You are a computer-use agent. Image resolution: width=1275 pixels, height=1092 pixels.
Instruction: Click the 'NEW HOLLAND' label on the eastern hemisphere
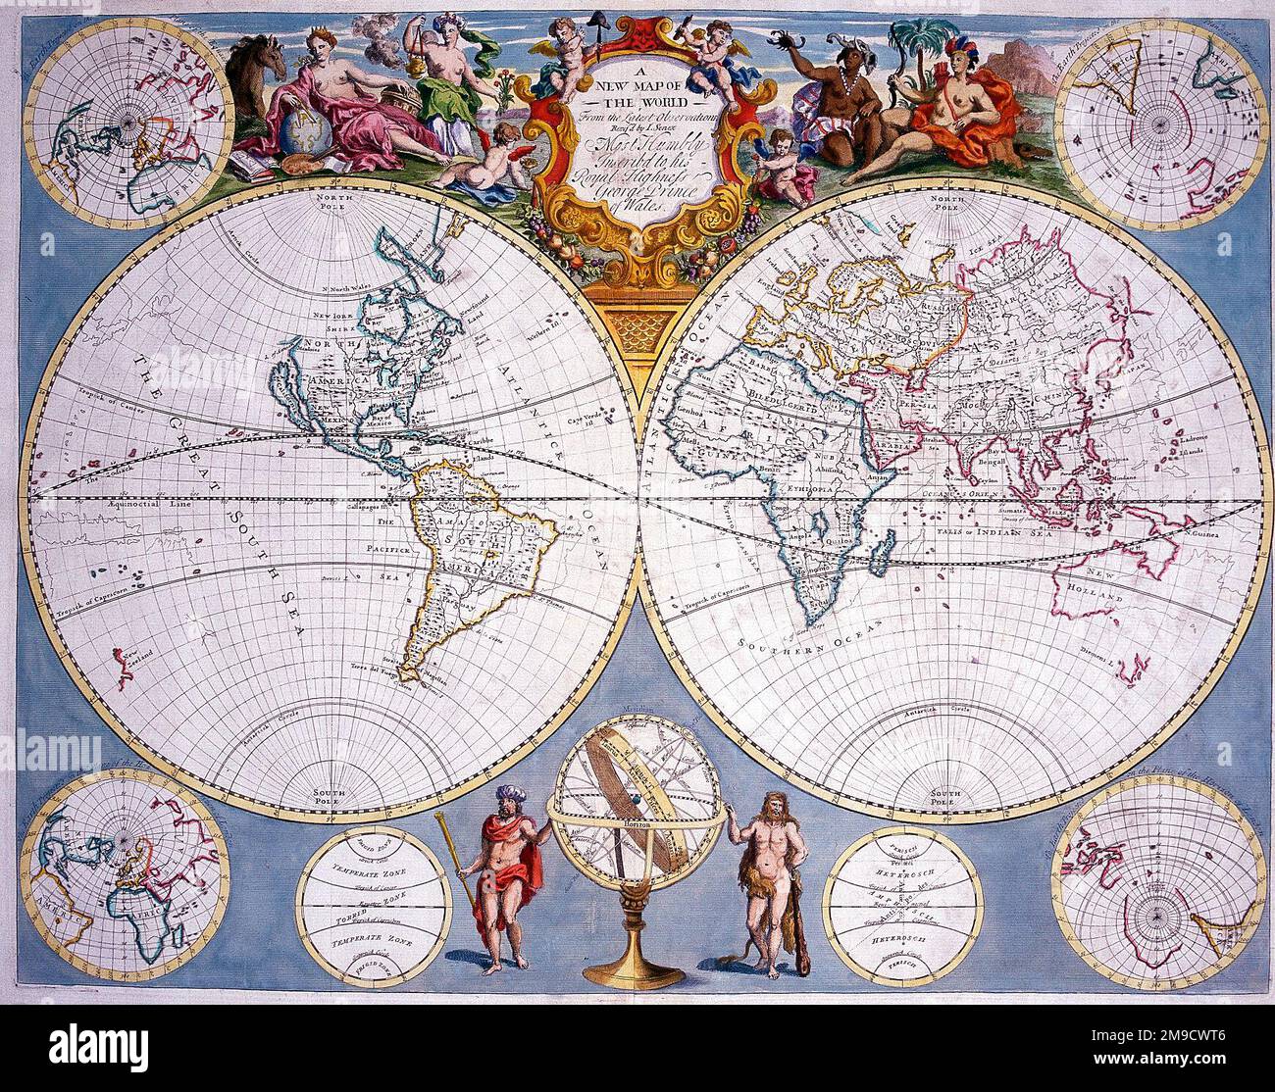pyautogui.click(x=1101, y=588)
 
